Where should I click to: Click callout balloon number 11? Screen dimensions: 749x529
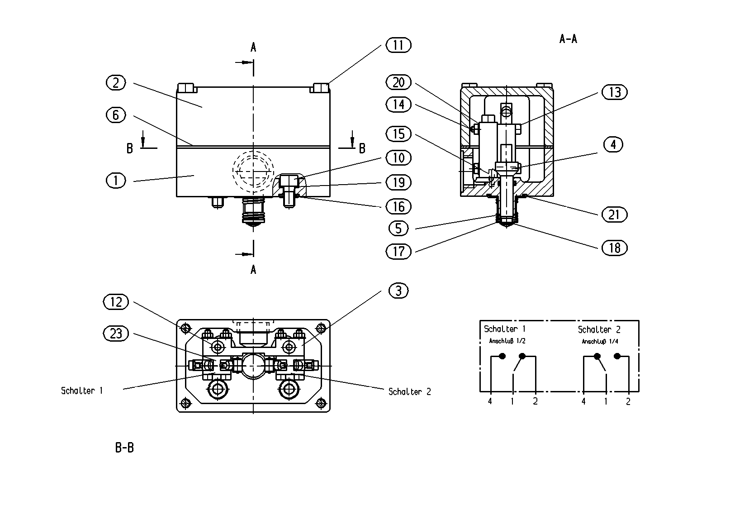coord(398,45)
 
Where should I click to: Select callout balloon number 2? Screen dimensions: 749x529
coord(116,83)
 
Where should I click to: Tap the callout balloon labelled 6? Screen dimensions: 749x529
coord(116,115)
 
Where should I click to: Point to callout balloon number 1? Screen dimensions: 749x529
coord(116,181)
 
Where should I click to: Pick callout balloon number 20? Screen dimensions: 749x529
coord(398,82)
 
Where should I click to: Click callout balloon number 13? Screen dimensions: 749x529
coord(615,92)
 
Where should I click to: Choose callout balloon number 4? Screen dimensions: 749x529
coord(613,145)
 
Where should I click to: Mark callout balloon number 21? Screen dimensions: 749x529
coord(615,215)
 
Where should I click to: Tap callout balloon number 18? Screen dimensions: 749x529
coord(615,248)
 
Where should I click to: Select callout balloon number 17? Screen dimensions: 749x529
coord(398,252)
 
